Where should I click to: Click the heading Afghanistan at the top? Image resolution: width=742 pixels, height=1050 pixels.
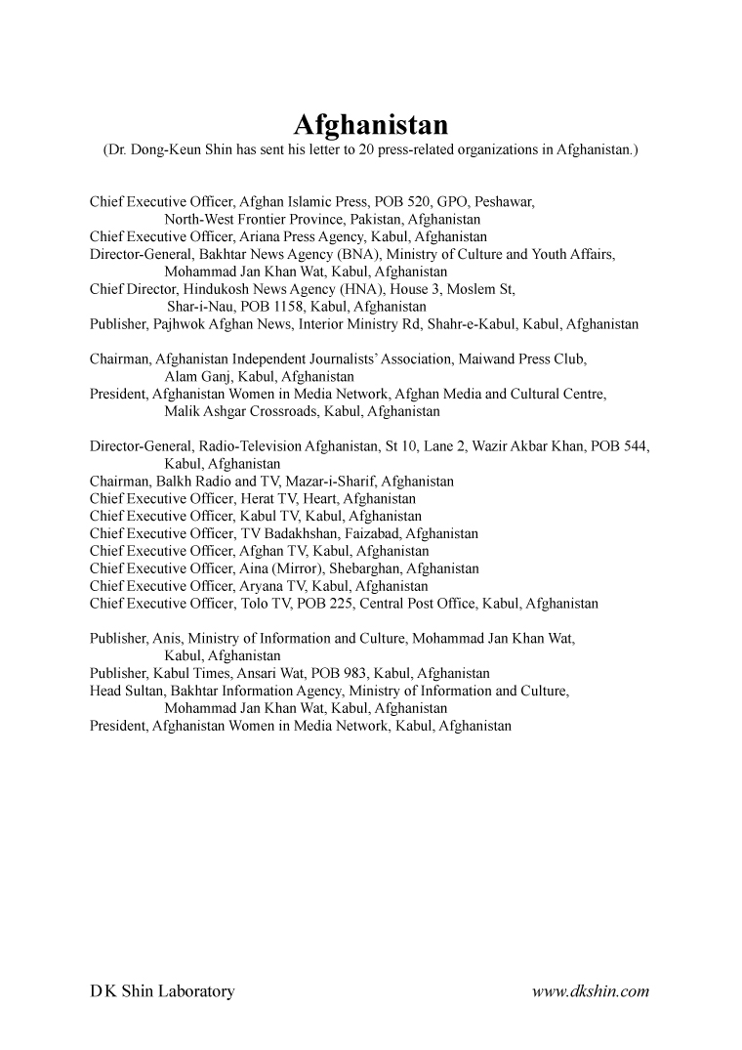tap(371, 126)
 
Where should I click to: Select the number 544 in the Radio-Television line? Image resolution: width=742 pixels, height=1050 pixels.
tap(635, 446)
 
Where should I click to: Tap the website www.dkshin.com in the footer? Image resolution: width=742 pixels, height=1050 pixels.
tap(591, 991)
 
